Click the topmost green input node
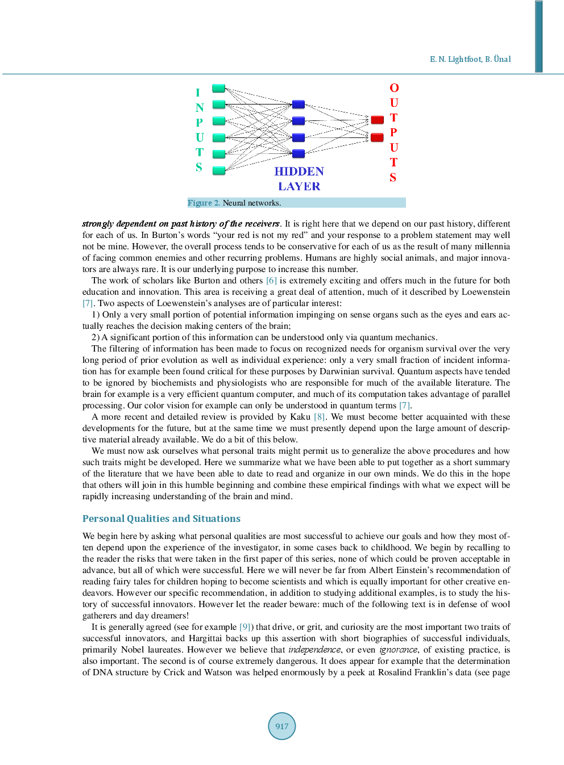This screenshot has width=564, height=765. pyautogui.click(x=218, y=88)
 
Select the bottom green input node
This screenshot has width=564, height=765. pyautogui.click(x=218, y=170)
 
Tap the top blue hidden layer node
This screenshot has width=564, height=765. pyautogui.click(x=298, y=104)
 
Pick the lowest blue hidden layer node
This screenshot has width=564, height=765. pyautogui.click(x=298, y=153)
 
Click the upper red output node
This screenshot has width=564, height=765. pyautogui.click(x=377, y=119)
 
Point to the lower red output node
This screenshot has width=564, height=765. pyautogui.click(x=377, y=137)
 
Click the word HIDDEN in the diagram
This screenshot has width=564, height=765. pyautogui.click(x=299, y=172)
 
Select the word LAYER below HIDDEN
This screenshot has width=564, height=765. pyautogui.click(x=299, y=186)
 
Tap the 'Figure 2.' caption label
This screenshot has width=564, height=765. pyautogui.click(x=204, y=203)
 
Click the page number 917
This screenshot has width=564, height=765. pyautogui.click(x=282, y=726)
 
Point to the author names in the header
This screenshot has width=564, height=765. pyautogui.click(x=470, y=59)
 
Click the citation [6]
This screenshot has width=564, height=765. pyautogui.click(x=271, y=281)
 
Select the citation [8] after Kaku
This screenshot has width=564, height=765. pyautogui.click(x=320, y=417)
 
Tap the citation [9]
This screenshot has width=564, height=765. pyautogui.click(x=244, y=627)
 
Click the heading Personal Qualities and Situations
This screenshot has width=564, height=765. pyautogui.click(x=161, y=519)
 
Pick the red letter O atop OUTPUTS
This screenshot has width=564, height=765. pyautogui.click(x=394, y=88)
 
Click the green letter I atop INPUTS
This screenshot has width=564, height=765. pyautogui.click(x=198, y=93)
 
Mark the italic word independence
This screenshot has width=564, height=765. pyautogui.click(x=314, y=650)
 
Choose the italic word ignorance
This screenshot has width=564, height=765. pyautogui.click(x=398, y=650)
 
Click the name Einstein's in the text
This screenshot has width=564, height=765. pyautogui.click(x=436, y=570)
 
